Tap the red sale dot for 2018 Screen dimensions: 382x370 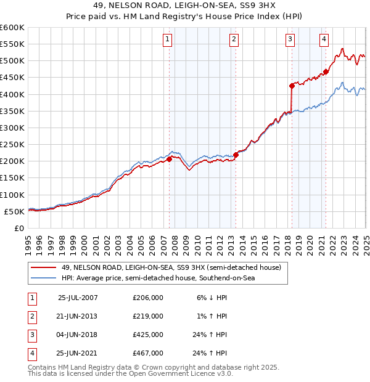pyautogui.click(x=292, y=86)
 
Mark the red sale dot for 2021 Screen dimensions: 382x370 pyautogui.click(x=326, y=71)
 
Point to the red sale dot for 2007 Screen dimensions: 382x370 pyautogui.click(x=169, y=159)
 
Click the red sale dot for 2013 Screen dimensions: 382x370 pyautogui.click(x=236, y=155)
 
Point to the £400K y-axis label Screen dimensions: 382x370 pyautogui.click(x=12, y=94)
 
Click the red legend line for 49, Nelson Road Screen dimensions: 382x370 pyautogui.click(x=43, y=267)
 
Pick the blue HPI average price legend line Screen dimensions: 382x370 pyautogui.click(x=43, y=278)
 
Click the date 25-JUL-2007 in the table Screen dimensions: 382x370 pyautogui.click(x=78, y=298)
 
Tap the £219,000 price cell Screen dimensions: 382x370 pyautogui.click(x=148, y=316)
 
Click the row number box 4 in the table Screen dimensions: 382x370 pyautogui.click(x=31, y=353)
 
